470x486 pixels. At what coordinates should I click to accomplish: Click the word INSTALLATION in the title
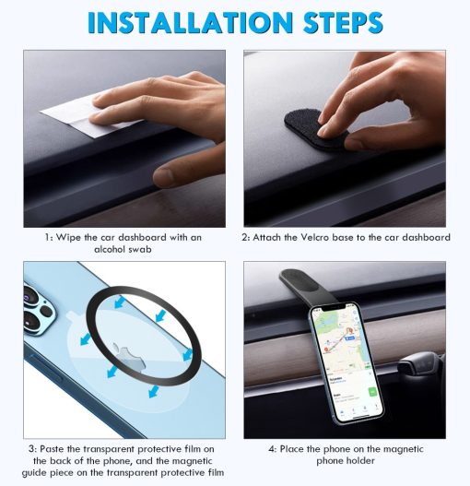click(190, 23)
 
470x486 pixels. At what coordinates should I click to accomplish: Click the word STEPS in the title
click(343, 23)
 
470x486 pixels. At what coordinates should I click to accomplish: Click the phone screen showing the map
click(347, 362)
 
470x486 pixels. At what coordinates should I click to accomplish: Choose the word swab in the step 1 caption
click(140, 249)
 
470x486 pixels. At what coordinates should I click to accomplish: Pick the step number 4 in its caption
click(272, 449)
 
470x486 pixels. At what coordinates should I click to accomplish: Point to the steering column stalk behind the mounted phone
click(418, 367)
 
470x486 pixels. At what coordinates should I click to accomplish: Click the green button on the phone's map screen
click(372, 392)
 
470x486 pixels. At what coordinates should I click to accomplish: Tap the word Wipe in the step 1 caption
click(68, 238)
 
